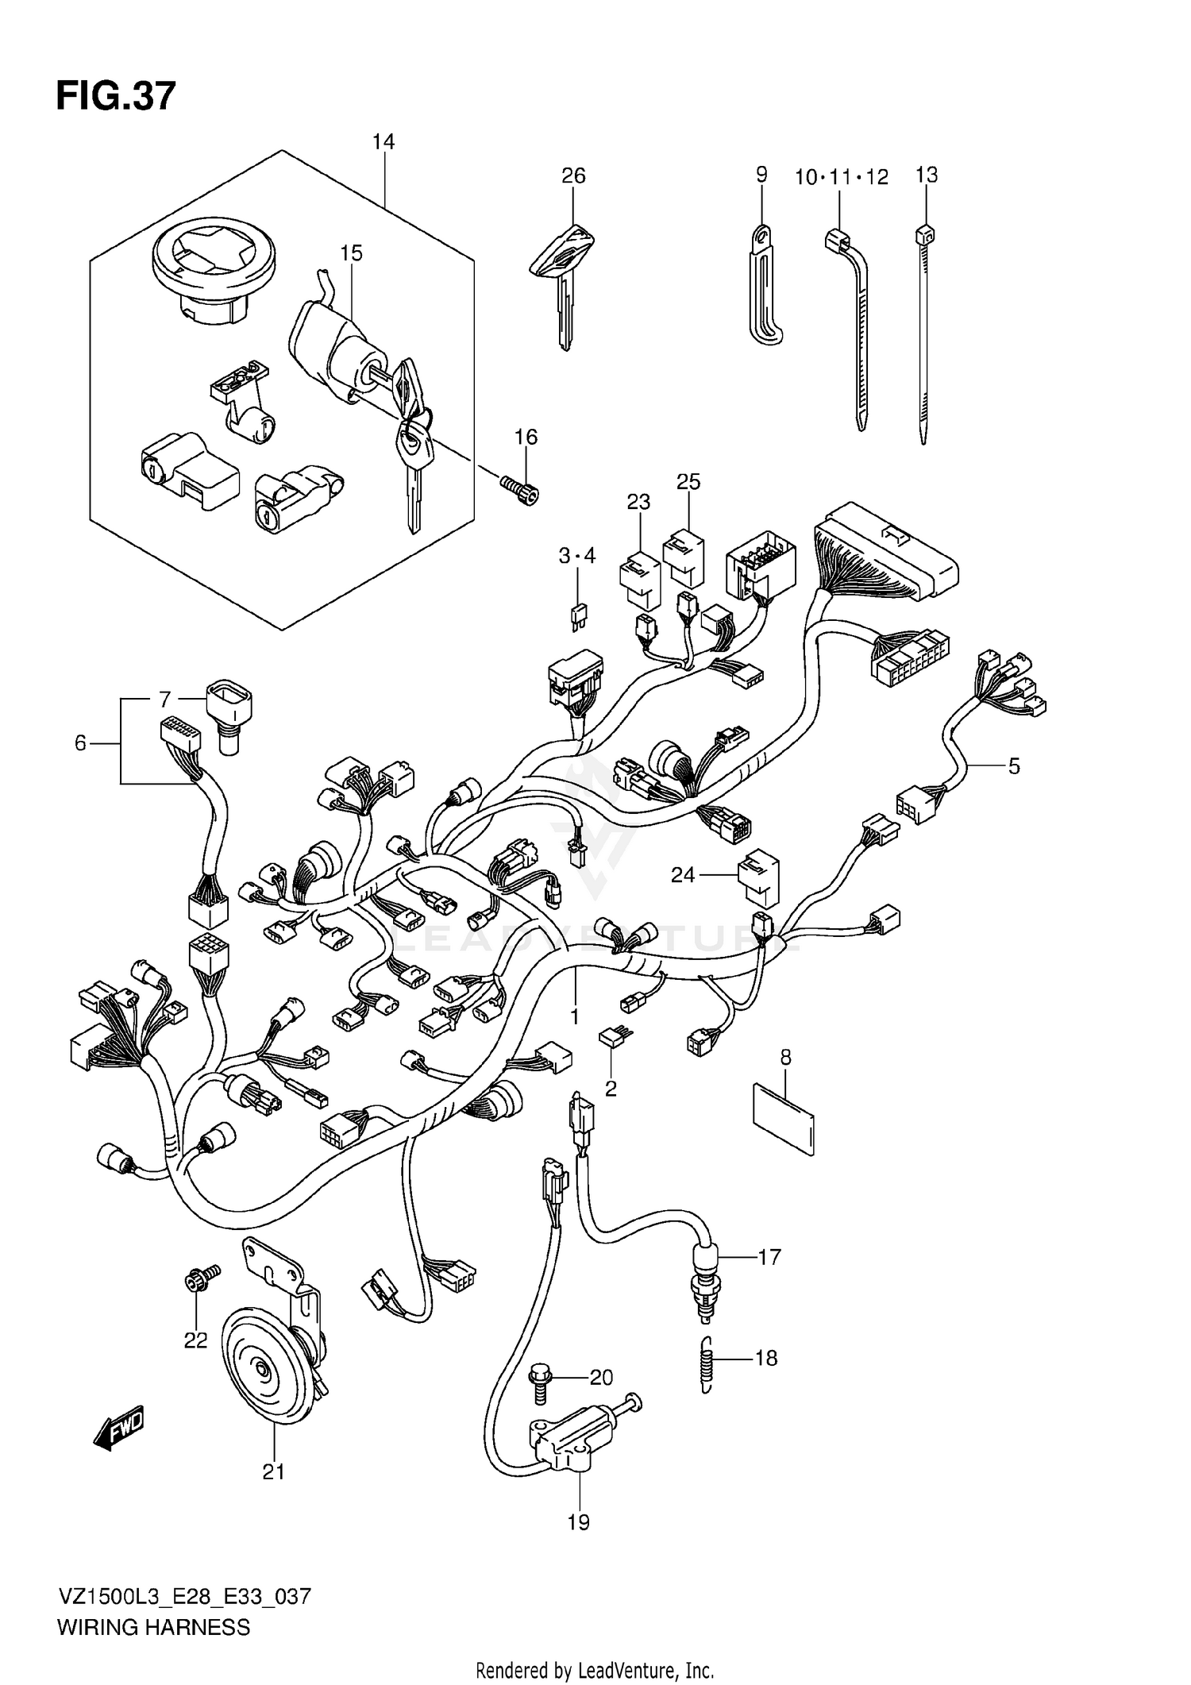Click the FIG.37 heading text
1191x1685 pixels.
point(115,97)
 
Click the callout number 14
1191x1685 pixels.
point(383,141)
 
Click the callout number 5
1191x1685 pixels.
point(1013,766)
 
